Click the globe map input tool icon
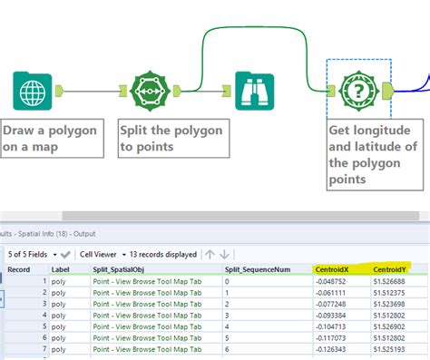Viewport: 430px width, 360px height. coord(34,92)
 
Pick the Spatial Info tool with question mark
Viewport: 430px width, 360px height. coord(359,91)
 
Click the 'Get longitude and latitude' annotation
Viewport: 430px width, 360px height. coord(372,153)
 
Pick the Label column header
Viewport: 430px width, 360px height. coord(61,269)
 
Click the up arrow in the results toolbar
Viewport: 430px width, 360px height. coord(209,254)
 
